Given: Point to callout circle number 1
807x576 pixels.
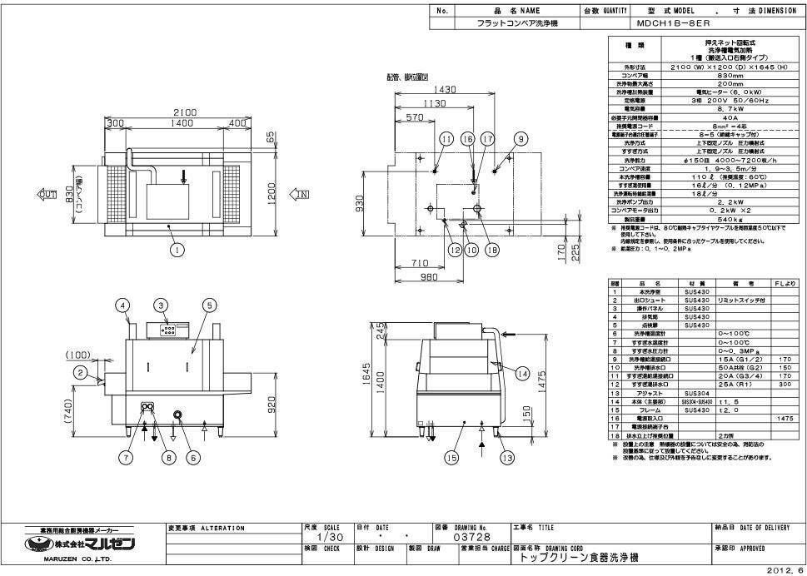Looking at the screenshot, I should click(x=177, y=247).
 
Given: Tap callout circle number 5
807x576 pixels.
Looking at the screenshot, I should click(x=209, y=305).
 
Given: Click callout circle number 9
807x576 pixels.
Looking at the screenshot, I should click(x=521, y=139).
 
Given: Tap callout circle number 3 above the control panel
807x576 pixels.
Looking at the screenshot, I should click(x=162, y=305).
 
